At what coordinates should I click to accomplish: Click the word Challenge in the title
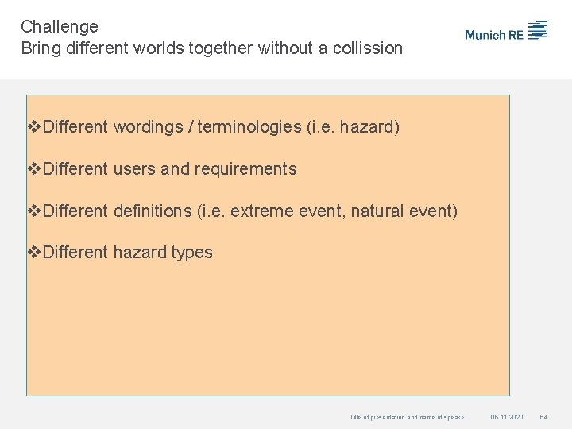coord(60,27)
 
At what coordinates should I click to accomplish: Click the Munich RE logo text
coord(494,34)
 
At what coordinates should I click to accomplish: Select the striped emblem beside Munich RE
coord(538,30)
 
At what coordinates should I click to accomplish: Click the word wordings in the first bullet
coord(147,127)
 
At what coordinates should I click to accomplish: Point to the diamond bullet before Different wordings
coord(34,127)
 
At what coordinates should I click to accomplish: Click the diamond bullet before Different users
coord(34,169)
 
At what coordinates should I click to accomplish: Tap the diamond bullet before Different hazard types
coord(34,253)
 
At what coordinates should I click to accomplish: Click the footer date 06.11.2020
coord(507,417)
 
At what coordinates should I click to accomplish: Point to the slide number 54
coord(544,417)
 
